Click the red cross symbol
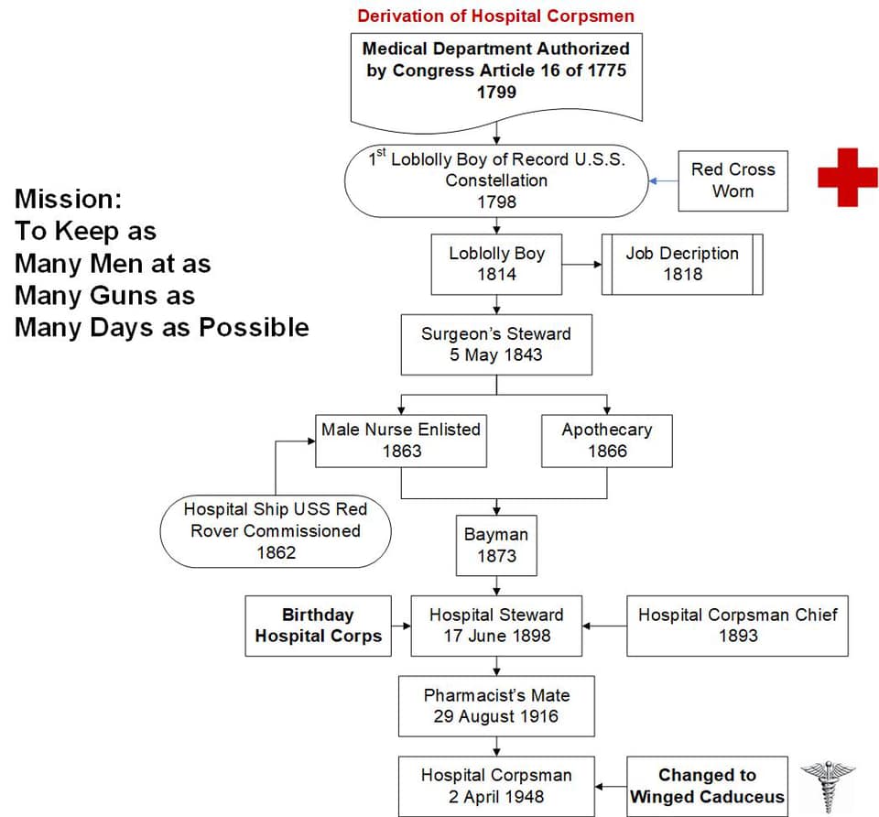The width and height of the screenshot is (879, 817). [848, 177]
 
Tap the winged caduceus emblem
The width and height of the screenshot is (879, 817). [828, 787]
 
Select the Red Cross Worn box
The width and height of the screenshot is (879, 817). [732, 180]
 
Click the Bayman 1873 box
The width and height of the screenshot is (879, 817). [496, 545]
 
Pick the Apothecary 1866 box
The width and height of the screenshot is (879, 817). [606, 441]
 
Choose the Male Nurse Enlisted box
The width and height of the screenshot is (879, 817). [401, 441]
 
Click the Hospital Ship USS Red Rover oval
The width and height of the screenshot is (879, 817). [276, 531]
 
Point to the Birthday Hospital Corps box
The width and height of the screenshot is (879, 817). [318, 626]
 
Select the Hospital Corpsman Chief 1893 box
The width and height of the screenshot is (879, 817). [737, 626]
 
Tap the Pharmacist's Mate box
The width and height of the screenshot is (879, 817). [496, 706]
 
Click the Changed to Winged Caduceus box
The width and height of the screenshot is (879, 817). [707, 786]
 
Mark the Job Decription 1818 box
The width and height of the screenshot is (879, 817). [682, 264]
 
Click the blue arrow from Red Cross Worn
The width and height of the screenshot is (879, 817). [663, 181]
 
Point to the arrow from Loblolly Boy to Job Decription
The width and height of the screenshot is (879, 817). [582, 264]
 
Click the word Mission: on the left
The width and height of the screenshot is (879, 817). [68, 199]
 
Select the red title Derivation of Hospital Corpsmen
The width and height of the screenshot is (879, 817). [495, 16]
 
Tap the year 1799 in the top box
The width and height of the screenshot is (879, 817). [496, 92]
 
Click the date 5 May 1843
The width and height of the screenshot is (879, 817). [496, 354]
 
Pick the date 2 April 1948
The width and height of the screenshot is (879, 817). [496, 796]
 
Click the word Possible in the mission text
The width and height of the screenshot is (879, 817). [254, 327]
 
